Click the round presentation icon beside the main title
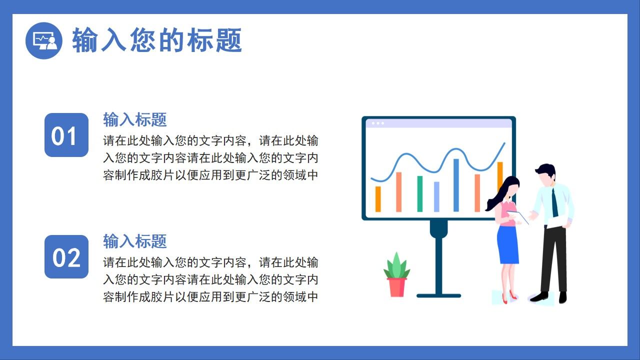pyautogui.click(x=44, y=40)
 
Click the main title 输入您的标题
pyautogui.click(x=157, y=40)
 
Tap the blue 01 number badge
pyautogui.click(x=66, y=135)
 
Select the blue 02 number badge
pyautogui.click(x=66, y=257)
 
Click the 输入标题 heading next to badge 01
pyautogui.click(x=134, y=119)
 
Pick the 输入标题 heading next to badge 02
pyautogui.click(x=134, y=241)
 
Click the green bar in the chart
pyautogui.click(x=420, y=194)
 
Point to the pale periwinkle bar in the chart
pyautogui.click(x=436, y=197)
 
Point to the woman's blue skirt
pyautogui.click(x=508, y=245)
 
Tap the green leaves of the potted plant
pyautogui.click(x=396, y=266)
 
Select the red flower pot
pyautogui.click(x=396, y=287)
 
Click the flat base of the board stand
pyautogui.click(x=438, y=295)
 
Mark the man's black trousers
pyautogui.click(x=553, y=260)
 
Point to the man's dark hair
pyautogui.click(x=546, y=169)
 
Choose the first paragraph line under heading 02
pyautogui.click(x=210, y=262)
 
